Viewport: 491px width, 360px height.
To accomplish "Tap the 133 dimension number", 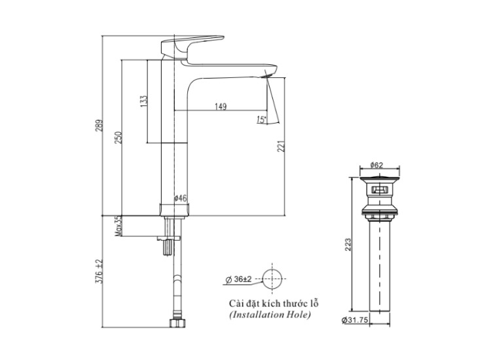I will tap(143, 101).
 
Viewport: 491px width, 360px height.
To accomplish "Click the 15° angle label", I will tap(261, 120).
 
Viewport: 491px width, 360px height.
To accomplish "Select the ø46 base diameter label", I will tap(181, 198).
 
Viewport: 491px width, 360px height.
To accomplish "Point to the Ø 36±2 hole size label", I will tap(238, 279).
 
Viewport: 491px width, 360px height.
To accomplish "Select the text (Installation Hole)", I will tap(270, 315).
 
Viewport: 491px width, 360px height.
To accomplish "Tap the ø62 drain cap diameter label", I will tap(376, 166).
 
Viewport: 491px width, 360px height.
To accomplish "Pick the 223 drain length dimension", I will tap(348, 244).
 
